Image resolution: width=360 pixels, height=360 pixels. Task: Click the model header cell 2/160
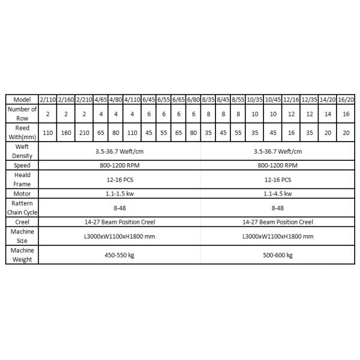(66, 99)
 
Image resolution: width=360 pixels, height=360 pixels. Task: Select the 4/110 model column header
(132, 99)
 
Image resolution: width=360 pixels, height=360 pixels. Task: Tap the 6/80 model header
(193, 99)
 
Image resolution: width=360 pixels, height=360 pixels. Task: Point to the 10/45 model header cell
(272, 99)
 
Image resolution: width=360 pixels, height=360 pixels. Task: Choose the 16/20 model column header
(346, 99)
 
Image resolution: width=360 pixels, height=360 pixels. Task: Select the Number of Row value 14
(328, 113)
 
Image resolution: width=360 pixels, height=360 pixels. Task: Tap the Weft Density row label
(22, 151)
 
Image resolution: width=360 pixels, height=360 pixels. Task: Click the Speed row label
(22, 165)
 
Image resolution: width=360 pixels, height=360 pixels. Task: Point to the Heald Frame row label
(22, 179)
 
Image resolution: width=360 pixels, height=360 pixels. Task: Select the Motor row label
(22, 193)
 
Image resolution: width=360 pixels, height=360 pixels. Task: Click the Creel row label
(22, 221)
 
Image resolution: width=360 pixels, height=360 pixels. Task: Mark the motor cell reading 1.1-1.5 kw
(119, 193)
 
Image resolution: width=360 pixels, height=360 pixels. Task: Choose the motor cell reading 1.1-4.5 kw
(277, 193)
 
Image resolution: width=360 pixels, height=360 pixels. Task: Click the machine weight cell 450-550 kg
(119, 254)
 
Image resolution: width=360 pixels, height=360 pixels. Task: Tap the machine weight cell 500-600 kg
(277, 254)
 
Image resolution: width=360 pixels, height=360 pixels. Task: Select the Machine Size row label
(22, 236)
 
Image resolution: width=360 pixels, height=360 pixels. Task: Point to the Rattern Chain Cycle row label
(22, 208)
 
